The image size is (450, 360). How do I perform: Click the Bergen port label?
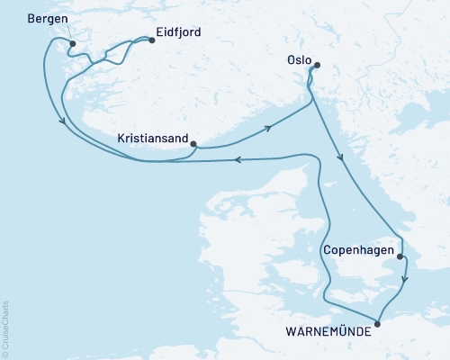tap(47, 20)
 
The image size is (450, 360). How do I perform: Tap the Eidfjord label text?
tap(178, 33)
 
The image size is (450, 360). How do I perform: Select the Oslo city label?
tap(301, 54)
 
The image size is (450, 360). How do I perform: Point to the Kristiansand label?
tap(153, 139)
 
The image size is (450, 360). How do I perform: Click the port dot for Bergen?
tap(73, 42)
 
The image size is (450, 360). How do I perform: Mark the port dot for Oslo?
tap(316, 65)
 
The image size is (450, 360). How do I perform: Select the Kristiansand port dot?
tap(194, 140)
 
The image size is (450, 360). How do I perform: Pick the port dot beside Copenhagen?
tap(400, 256)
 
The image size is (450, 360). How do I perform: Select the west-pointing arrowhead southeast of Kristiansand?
tap(238, 160)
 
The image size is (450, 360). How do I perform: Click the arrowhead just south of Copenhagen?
tap(404, 279)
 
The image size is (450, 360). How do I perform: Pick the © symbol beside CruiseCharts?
tap(5, 353)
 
